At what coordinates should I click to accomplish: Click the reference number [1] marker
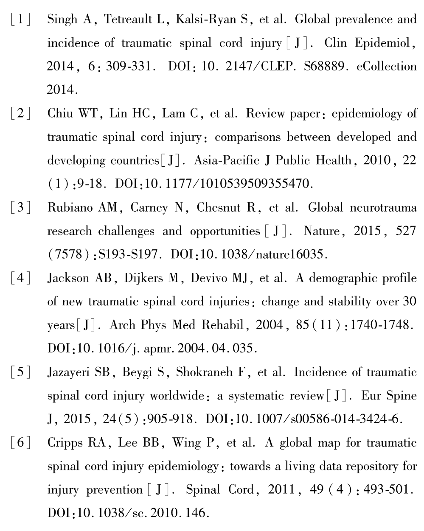21,20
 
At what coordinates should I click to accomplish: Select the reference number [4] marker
21,279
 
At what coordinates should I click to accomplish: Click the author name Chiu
61,114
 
